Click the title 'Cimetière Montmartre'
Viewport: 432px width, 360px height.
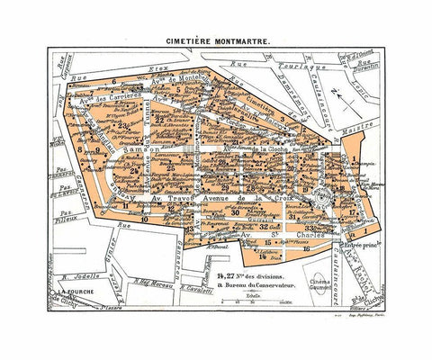pos(215,40)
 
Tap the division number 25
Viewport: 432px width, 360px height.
pos(169,167)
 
